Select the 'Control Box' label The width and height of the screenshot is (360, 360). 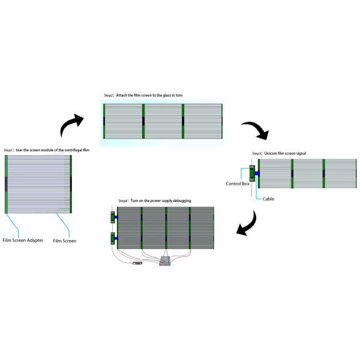click(x=237, y=183)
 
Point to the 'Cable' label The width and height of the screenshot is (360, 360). click(x=268, y=199)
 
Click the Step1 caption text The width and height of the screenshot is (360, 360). click(x=46, y=150)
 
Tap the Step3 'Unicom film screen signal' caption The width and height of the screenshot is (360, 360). click(x=278, y=154)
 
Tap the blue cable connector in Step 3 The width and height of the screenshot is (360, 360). click(x=257, y=174)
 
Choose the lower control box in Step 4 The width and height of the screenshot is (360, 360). click(x=112, y=239)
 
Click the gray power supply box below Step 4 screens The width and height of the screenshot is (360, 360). click(x=165, y=262)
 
